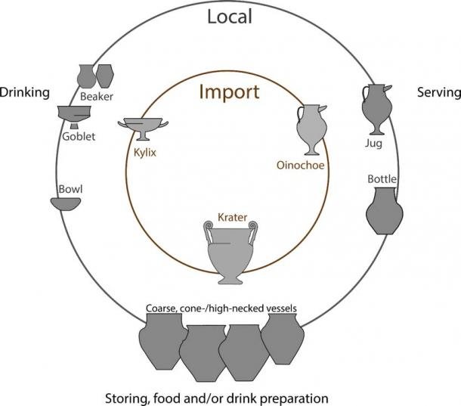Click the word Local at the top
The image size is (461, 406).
230,17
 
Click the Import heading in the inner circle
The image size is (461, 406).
229,91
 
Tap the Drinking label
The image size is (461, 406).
25,93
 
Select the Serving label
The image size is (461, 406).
439,92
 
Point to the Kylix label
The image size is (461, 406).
145,153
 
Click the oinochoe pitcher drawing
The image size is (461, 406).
311,129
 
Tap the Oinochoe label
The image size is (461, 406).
301,166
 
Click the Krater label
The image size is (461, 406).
232,218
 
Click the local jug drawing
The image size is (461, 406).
376,110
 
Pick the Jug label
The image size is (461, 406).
373,144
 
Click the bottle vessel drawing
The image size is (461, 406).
384,211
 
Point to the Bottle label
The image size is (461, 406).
382,179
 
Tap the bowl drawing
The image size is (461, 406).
66,204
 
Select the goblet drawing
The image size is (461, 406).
74,116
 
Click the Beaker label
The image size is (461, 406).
97,97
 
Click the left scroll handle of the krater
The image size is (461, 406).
208,232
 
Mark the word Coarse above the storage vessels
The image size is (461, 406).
161,308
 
